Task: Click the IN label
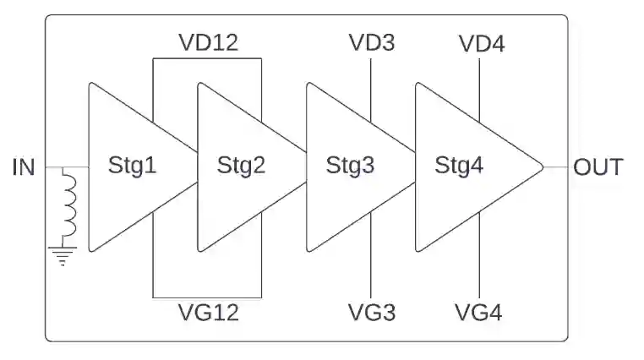pos(24,166)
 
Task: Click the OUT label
pos(598,166)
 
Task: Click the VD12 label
pos(208,42)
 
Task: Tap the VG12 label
pos(208,313)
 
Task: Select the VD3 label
pos(371,42)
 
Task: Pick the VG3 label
pos(371,313)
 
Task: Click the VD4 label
pos(480,42)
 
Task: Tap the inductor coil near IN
pos(68,205)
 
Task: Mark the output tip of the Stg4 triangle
pos(542,166)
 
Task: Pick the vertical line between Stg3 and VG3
pos(372,254)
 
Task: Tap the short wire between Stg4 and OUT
pos(554,166)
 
